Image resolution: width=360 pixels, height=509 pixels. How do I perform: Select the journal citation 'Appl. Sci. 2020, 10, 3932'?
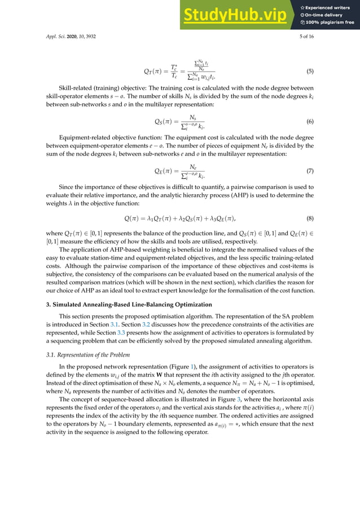pos(71,36)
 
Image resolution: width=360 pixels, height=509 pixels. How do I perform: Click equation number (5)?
pos(310,72)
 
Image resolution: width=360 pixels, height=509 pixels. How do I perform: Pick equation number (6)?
pos(310,121)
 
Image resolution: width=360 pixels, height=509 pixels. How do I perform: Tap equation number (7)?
pos(310,170)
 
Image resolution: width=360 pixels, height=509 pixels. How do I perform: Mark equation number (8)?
pos(310,218)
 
